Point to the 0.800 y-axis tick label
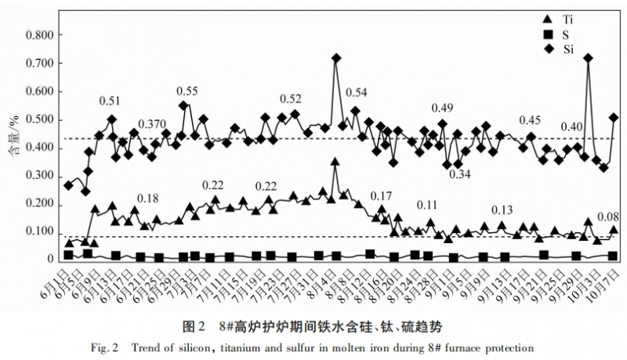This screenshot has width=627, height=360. click(40, 35)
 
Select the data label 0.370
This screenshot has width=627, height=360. click(152, 125)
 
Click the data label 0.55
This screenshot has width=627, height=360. click(187, 92)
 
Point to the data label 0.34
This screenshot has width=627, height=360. click(460, 174)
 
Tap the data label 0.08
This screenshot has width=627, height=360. click(608, 216)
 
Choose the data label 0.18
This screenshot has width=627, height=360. click(147, 198)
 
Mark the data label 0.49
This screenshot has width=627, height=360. click(443, 108)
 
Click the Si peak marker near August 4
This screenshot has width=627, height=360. click(336, 59)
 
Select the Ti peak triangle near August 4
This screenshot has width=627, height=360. click(335, 162)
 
